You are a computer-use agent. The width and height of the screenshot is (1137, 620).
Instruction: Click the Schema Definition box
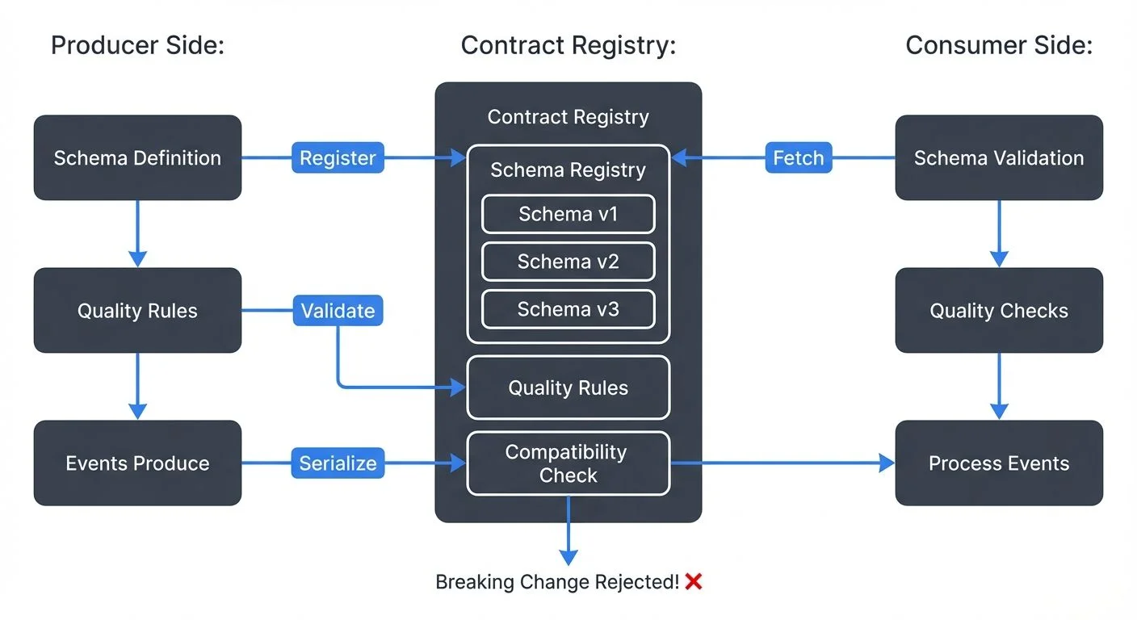[x=137, y=157]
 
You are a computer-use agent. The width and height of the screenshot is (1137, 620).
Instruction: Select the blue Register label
[x=338, y=158]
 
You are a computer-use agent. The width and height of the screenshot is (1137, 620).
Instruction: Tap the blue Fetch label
[x=798, y=158]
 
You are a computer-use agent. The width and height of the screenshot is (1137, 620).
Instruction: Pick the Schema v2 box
[x=568, y=262]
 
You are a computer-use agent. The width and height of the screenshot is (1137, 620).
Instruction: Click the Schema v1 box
[x=568, y=214]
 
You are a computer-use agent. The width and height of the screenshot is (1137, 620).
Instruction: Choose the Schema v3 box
[x=568, y=309]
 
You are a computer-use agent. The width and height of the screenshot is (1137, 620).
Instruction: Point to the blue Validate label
[x=338, y=311]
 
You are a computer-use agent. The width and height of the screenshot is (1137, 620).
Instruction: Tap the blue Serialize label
[x=338, y=463]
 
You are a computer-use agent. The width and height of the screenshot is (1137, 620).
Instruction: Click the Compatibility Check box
[x=568, y=463]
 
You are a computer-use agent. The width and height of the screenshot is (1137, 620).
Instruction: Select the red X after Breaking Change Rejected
[x=693, y=581]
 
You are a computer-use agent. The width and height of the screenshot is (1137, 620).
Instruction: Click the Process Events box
[x=999, y=463]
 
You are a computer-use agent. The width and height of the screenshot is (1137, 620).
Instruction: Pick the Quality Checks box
[x=999, y=311]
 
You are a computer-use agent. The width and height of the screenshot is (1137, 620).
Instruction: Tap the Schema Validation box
[x=999, y=157]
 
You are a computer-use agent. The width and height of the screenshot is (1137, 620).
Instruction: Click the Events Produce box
[x=137, y=463]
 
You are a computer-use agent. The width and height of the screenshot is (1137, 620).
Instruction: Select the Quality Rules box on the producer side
[x=137, y=311]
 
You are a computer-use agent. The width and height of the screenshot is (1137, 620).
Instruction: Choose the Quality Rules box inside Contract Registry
[x=568, y=387]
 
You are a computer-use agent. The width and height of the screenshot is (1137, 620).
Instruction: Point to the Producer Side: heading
[x=137, y=45]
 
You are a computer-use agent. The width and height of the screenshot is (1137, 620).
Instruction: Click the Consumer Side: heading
[x=999, y=45]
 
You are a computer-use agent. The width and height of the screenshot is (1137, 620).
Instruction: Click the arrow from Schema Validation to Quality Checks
[x=999, y=233]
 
